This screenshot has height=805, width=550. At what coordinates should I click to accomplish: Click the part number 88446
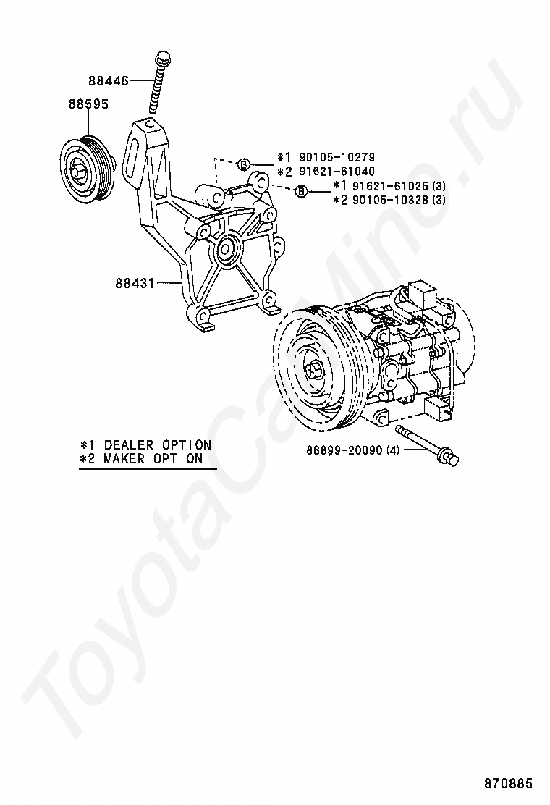109,81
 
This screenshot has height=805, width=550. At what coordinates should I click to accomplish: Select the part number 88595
88,104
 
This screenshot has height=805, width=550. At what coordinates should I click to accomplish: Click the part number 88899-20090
344,450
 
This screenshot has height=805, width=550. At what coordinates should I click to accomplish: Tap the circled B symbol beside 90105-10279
244,164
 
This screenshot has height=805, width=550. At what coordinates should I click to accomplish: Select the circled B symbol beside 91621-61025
301,192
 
